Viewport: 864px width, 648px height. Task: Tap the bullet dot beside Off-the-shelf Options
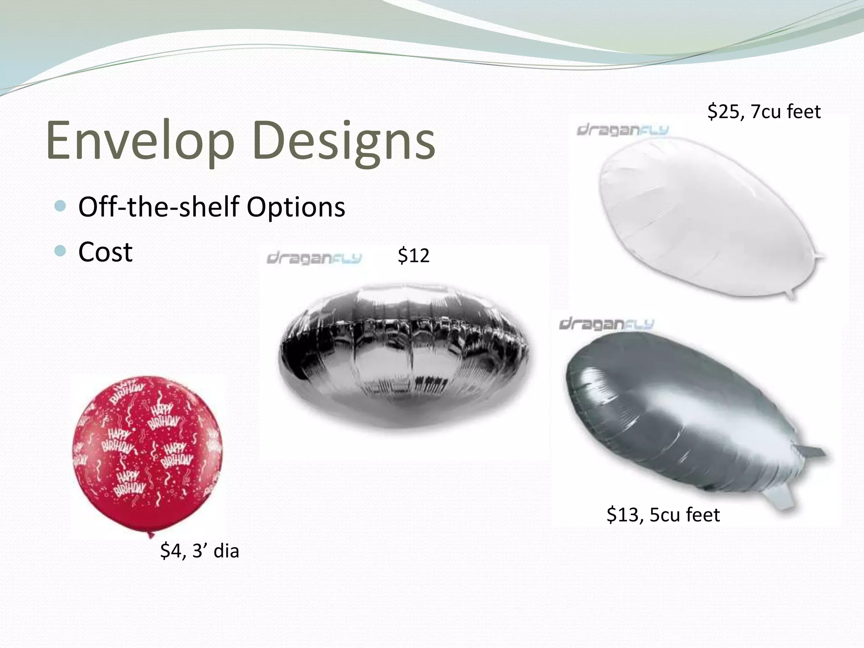pos(61,206)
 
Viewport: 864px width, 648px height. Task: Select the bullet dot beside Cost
pos(61,251)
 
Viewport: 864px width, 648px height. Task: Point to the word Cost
pos(105,252)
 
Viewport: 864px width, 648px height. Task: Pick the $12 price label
pos(413,256)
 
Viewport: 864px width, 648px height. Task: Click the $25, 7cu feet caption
pos(764,112)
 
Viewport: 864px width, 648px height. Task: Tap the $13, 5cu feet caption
pos(663,515)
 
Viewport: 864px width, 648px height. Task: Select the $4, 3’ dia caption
pos(200,551)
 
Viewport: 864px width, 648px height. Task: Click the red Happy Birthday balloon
pos(147,454)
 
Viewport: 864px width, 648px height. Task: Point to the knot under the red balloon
pos(151,535)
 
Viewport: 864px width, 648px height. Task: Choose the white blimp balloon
pos(700,215)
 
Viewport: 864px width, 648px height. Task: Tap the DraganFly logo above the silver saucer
pos(314,258)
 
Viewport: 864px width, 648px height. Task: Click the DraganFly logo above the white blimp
pos(623,130)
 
